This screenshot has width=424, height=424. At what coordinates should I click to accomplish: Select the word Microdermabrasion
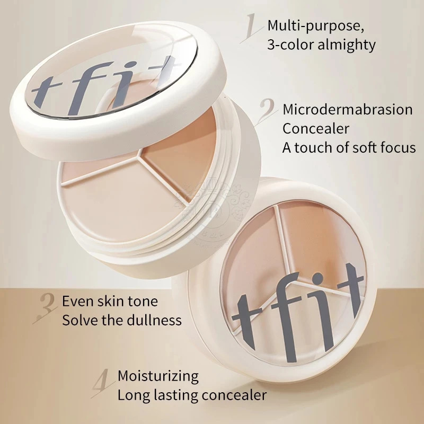pyautogui.click(x=347, y=110)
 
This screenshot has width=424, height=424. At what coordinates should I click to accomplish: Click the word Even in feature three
pyautogui.click(x=76, y=302)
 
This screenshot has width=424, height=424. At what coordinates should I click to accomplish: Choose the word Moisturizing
pyautogui.click(x=158, y=376)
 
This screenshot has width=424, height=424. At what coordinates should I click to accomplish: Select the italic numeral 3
pyautogui.click(x=47, y=308)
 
